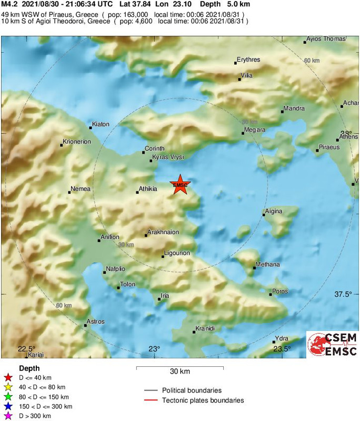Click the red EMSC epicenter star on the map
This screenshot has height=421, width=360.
pyautogui.click(x=180, y=184)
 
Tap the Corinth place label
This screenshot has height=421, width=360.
pyautogui.click(x=155, y=148)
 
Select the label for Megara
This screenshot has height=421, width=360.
pyautogui.click(x=255, y=129)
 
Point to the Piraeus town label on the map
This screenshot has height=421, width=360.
pyautogui.click(x=329, y=147)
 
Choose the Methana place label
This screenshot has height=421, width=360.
pyautogui.click(x=267, y=264)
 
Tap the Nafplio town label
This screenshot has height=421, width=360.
pyautogui.click(x=115, y=268)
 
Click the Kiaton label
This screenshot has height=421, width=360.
pyautogui.click(x=101, y=124)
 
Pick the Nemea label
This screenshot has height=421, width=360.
pyautogui.click(x=81, y=188)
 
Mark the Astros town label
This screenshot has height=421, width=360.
pyautogui.click(x=95, y=322)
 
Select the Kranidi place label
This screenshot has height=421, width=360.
pyautogui.click(x=205, y=328)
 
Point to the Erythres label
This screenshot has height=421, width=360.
pyautogui.click(x=248, y=59)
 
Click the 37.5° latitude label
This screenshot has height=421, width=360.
pyautogui.click(x=343, y=294)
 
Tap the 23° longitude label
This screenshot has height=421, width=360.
pyautogui.click(x=154, y=348)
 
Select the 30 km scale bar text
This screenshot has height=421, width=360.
pyautogui.click(x=179, y=372)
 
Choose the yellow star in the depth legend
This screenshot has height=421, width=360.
pyautogui.click(x=7, y=387)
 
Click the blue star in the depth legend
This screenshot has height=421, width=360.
pyautogui.click(x=7, y=406)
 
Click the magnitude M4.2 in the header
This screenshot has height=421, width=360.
pyautogui.click(x=9, y=4)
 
